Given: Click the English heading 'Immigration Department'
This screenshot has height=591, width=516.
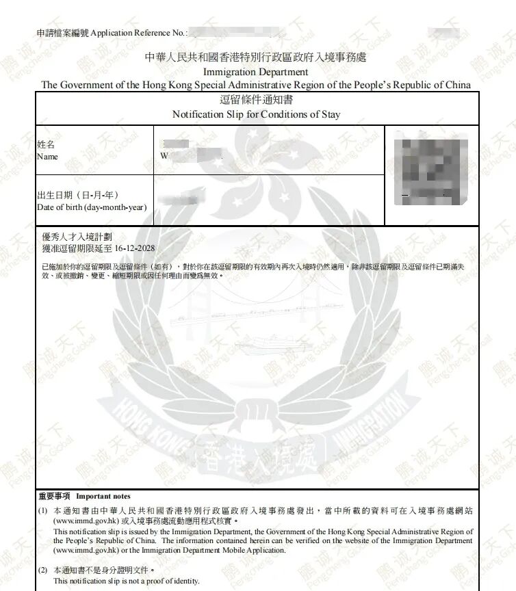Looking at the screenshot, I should (x=256, y=72).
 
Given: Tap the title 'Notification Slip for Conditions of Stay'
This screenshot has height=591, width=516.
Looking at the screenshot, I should (x=256, y=114).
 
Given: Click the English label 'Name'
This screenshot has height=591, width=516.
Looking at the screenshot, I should (x=47, y=157).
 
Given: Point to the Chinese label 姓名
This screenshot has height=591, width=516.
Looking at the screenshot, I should (x=45, y=145).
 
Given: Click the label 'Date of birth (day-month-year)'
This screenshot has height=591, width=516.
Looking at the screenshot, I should (x=92, y=207).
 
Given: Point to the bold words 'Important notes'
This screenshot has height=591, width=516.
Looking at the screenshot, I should (x=103, y=496).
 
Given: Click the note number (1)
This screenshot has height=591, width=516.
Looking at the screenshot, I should (x=42, y=510).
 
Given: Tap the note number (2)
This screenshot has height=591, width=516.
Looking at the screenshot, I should (x=42, y=570).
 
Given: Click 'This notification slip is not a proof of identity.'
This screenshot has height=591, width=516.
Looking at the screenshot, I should (x=127, y=581).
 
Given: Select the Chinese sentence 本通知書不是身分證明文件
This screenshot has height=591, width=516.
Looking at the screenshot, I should (x=103, y=570).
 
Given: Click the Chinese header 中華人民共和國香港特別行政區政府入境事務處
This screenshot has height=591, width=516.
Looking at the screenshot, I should (x=256, y=57).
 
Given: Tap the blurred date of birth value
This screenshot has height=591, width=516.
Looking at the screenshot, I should (x=182, y=199).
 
